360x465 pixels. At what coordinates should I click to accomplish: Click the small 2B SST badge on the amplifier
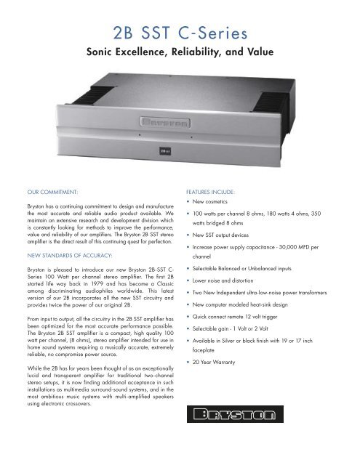click(x=180, y=152)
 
